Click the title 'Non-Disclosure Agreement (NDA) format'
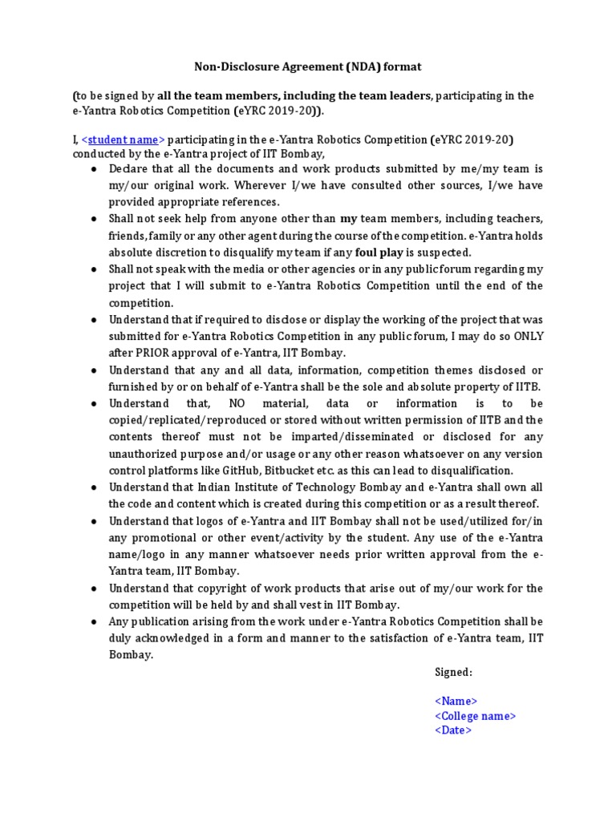(x=308, y=67)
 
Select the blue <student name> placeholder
(x=123, y=140)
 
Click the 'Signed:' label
(x=453, y=672)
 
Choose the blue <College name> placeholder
(x=475, y=716)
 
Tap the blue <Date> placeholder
(x=453, y=730)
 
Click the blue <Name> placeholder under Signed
(x=456, y=701)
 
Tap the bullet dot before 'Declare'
(x=94, y=169)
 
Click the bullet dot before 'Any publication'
(x=94, y=622)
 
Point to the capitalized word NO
(x=238, y=403)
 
